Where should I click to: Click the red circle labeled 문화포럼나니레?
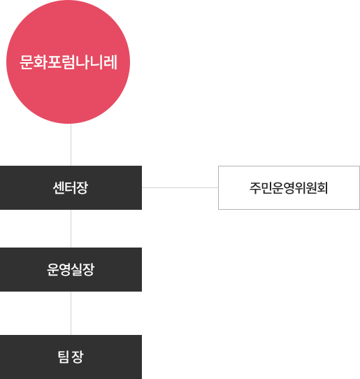tap(68, 62)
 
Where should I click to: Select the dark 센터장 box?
tap(71, 187)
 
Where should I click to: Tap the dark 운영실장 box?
tap(71, 269)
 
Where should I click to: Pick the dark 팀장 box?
tap(71, 357)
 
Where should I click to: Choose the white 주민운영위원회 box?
tap(289, 187)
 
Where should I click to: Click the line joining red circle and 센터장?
tap(71, 145)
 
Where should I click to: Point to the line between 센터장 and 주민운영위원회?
tap(180, 187)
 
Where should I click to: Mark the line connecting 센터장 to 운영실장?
tap(71, 229)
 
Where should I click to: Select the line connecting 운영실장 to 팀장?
tap(71, 313)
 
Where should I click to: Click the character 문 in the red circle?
tap(27, 62)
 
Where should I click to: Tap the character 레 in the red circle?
tap(110, 62)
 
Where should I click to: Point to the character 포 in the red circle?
tap(54, 62)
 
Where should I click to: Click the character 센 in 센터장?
tap(59, 188)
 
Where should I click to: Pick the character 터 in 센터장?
tap(71, 188)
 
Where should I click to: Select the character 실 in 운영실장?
tap(77, 269)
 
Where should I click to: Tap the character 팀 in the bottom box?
tap(64, 357)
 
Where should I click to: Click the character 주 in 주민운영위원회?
tap(255, 188)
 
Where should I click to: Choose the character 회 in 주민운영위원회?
tap(322, 188)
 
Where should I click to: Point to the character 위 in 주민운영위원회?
tap(300, 188)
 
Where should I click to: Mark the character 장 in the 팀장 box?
tap(78, 357)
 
